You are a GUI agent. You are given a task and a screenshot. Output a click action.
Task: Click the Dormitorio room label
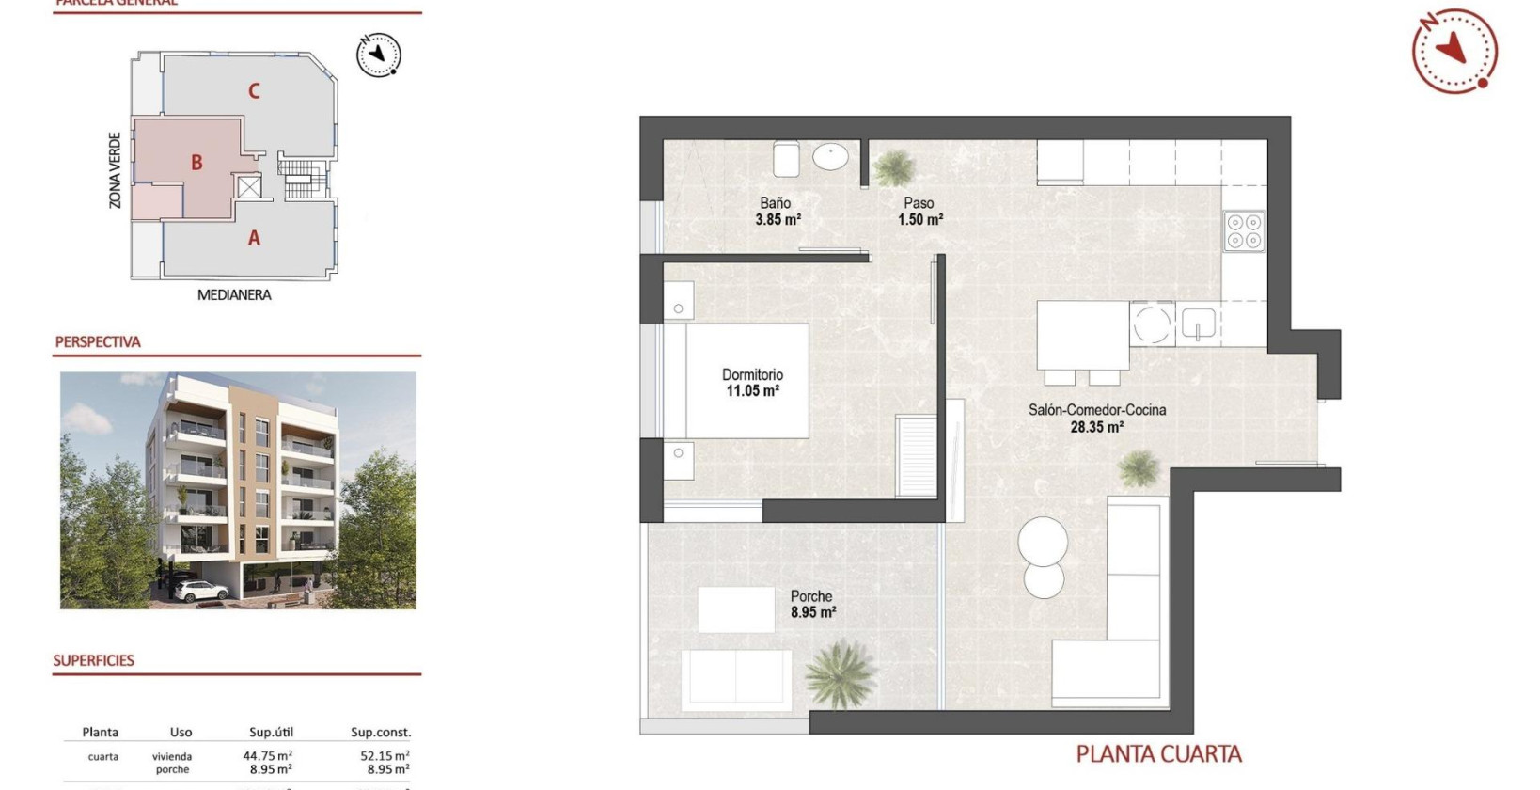[752, 374]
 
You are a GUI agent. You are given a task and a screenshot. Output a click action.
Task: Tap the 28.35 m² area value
[1096, 427]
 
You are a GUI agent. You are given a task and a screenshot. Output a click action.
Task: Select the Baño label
[776, 203]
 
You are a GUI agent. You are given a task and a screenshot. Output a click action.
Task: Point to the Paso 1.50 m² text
[919, 212]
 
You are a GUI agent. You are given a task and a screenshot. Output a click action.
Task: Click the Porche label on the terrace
[811, 596]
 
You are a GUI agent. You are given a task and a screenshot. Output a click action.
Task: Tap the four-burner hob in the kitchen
[1244, 231]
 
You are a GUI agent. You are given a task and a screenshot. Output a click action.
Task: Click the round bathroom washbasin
[830, 156]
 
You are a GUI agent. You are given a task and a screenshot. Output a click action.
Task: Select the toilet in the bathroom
[786, 159]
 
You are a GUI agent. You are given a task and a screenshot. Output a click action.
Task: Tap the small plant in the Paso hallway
[892, 168]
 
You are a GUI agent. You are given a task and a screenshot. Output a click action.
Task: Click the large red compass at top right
[1454, 51]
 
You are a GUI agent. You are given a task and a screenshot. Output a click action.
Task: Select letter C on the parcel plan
[254, 91]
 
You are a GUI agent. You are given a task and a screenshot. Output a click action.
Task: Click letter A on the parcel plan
[254, 239]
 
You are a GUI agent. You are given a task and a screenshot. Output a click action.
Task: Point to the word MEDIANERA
[234, 295]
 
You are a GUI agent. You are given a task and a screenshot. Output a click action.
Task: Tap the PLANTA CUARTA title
[1158, 754]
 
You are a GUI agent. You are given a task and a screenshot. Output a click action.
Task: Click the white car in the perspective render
[201, 591]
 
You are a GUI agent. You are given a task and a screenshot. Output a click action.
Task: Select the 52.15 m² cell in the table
[385, 756]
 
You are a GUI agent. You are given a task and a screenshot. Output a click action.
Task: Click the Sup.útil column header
[272, 733]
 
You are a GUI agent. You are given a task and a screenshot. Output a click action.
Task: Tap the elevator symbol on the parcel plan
[248, 187]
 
